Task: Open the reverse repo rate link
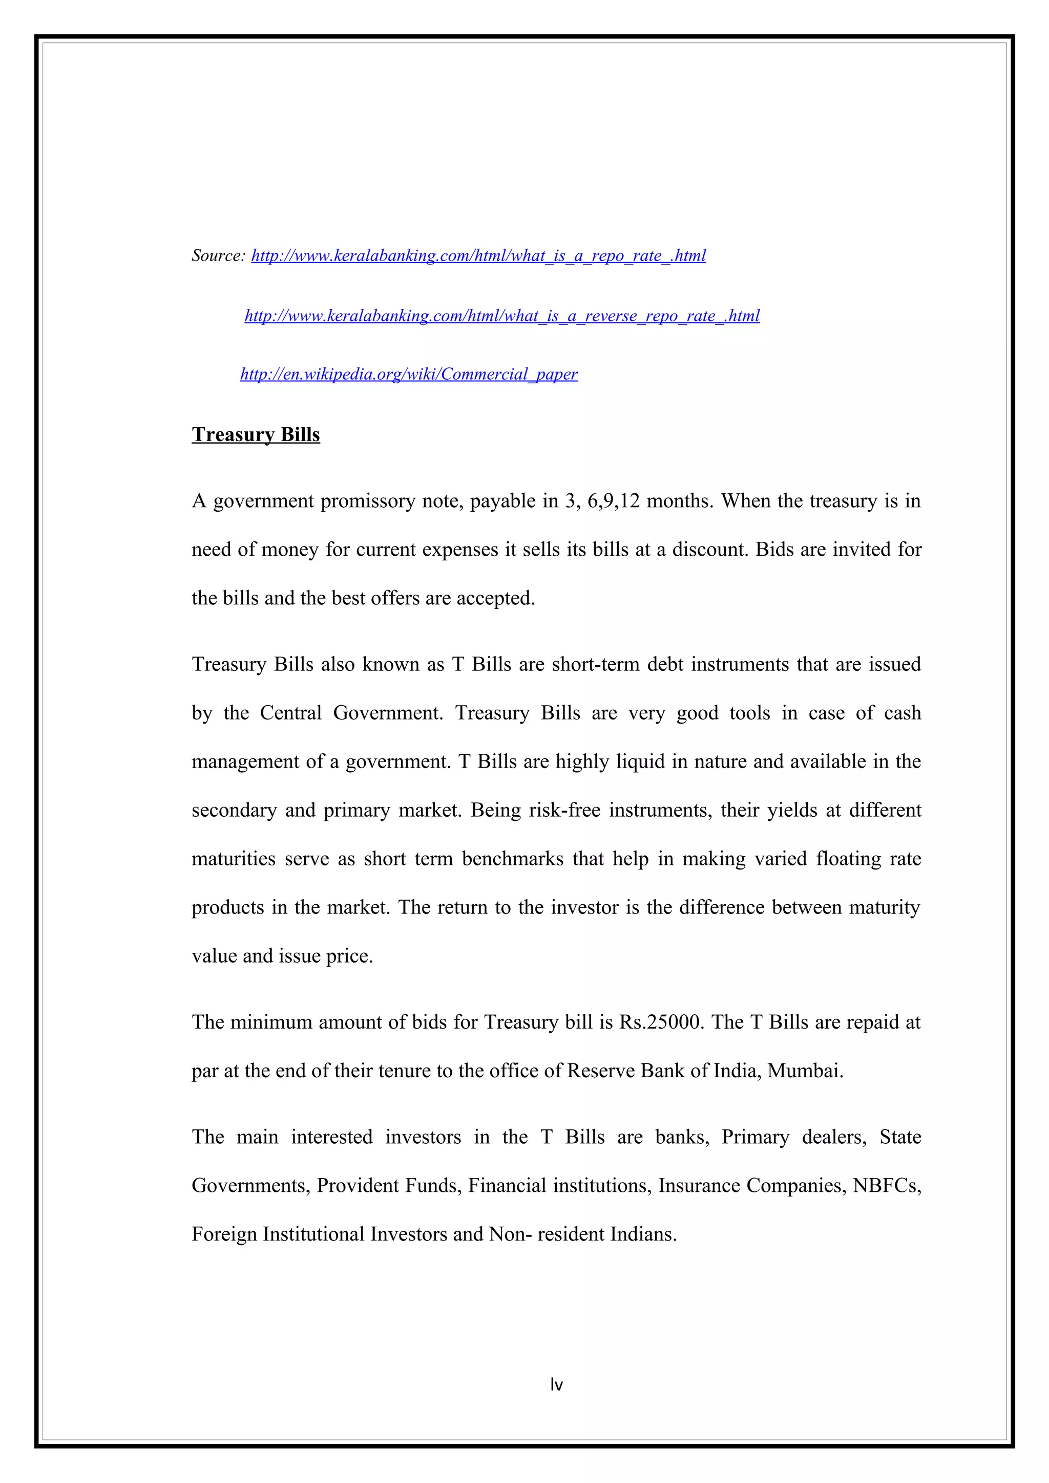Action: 501,316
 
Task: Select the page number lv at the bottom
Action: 556,1385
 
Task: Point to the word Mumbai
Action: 805,1071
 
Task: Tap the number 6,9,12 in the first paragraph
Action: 613,501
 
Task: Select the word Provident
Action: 357,1186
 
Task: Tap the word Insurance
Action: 699,1186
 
